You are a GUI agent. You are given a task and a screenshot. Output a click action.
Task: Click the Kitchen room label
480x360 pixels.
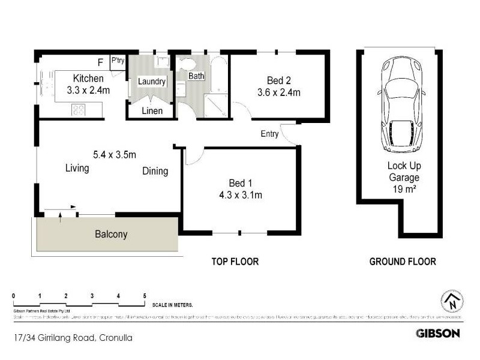[88, 79]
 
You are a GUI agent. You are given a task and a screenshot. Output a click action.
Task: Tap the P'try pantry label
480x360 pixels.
[117, 61]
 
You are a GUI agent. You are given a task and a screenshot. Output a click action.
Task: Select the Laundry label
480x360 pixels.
[151, 82]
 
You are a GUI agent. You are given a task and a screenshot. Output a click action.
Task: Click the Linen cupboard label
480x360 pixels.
[151, 111]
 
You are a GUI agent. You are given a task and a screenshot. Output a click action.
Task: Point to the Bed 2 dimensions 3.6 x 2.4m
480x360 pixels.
[278, 92]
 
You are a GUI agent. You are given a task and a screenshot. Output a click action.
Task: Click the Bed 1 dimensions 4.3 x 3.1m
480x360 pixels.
[241, 194]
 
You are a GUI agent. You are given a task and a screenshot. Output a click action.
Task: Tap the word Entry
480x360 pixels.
[269, 134]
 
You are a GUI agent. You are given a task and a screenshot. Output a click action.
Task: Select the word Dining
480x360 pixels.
[155, 172]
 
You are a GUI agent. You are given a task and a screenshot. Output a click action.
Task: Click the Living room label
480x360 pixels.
[77, 169]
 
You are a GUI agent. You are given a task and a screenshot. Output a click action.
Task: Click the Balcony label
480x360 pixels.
[111, 235]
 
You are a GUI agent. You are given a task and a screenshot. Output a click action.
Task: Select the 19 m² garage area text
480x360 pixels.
[403, 190]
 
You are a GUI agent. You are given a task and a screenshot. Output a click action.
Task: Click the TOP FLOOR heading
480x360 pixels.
[235, 262]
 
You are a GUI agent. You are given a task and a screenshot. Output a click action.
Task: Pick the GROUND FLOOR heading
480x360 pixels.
[402, 262]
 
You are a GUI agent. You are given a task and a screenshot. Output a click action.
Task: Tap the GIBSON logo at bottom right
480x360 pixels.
[438, 333]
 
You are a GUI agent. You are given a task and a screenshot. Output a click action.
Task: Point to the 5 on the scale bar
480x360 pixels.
[145, 296]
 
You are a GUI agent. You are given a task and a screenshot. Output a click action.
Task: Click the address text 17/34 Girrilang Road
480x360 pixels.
[53, 338]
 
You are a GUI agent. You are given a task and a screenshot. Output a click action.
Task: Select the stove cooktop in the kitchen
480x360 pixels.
[79, 109]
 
